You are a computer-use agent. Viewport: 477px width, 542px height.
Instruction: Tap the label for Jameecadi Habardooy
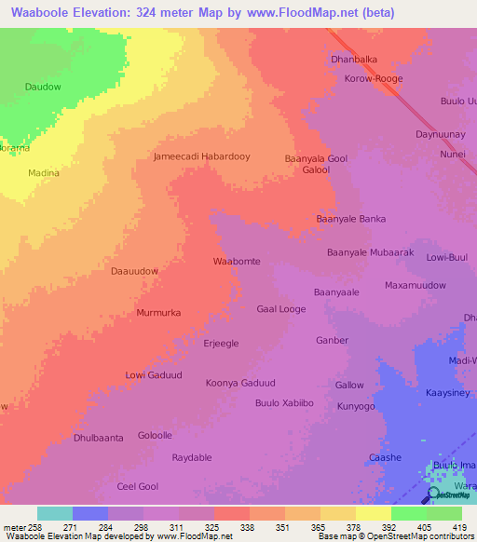click(201, 156)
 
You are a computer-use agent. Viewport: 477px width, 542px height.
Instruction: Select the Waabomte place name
click(237, 262)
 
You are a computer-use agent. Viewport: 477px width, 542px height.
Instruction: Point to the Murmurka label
click(158, 313)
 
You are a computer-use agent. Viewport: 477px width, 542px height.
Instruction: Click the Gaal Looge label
click(280, 308)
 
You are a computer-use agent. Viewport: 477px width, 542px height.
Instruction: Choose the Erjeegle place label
click(221, 343)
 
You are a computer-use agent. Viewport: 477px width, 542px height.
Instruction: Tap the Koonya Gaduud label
click(240, 383)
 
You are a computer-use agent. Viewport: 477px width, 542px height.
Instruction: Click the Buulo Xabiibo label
click(284, 403)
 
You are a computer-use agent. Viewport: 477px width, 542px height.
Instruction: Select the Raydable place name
click(192, 457)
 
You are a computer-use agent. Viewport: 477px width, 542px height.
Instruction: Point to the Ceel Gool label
click(137, 486)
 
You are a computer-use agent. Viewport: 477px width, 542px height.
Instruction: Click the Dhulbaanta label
click(98, 438)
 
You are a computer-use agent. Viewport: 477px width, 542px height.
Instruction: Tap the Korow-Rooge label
click(373, 79)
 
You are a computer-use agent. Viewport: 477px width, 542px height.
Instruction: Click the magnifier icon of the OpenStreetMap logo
click(434, 494)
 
